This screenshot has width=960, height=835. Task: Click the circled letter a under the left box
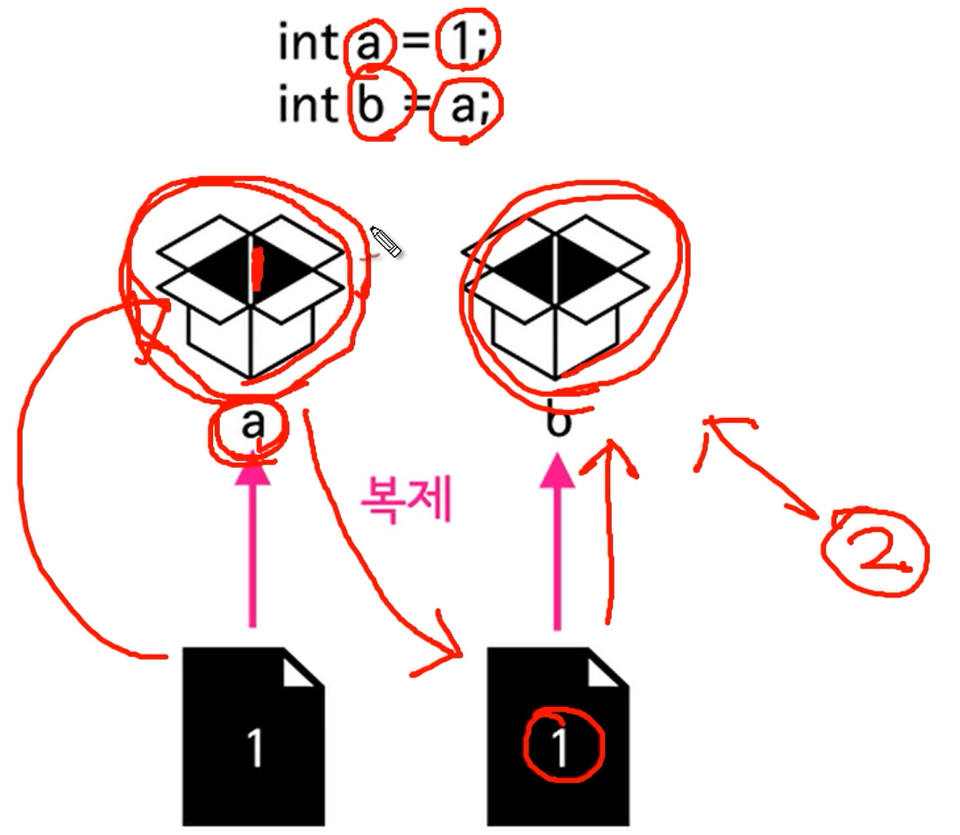(x=252, y=425)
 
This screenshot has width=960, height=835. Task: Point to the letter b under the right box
(x=558, y=422)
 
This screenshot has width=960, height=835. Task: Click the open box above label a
(x=252, y=294)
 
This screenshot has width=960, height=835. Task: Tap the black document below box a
(x=252, y=736)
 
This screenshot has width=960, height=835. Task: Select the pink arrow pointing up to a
(x=253, y=543)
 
